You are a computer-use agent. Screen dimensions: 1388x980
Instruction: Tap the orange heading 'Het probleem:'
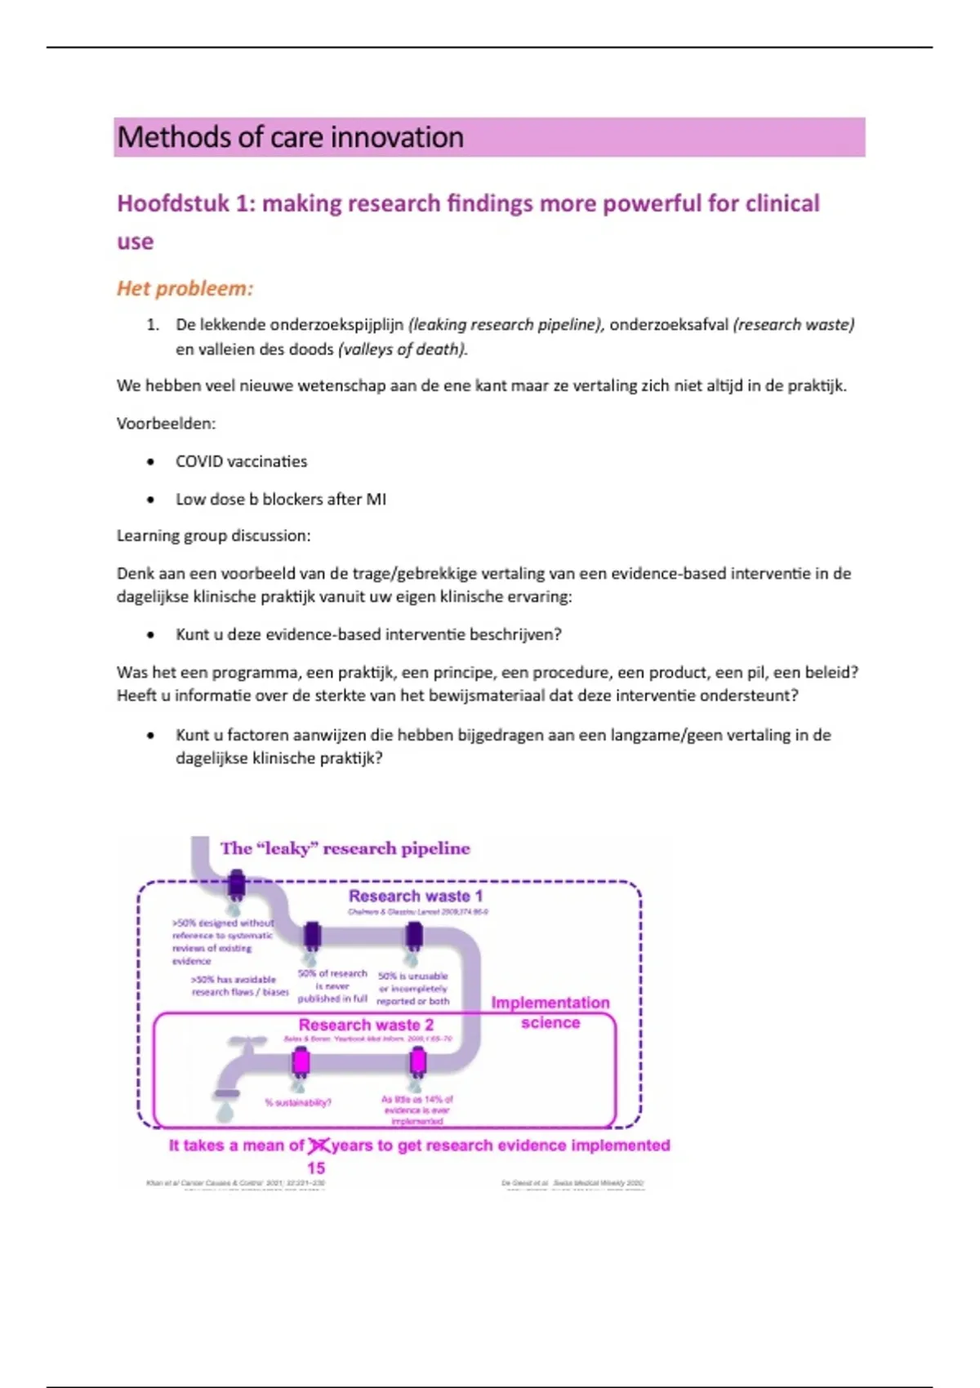tap(185, 288)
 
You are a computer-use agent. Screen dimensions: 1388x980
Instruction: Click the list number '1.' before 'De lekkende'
tap(153, 325)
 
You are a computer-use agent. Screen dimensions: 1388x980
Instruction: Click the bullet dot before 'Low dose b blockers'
tap(150, 500)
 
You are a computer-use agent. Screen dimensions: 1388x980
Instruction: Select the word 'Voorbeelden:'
tap(166, 424)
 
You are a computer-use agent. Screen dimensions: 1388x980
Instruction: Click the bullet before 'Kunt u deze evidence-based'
tap(150, 635)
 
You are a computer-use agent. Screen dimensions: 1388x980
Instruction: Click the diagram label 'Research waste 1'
tap(416, 896)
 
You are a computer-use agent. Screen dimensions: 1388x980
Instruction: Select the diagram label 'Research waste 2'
tap(366, 1025)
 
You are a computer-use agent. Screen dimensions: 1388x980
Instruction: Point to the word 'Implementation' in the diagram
tap(550, 1003)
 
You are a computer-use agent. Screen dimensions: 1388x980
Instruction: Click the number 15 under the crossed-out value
tap(316, 1168)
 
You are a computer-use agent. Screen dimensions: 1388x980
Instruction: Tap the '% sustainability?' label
tap(298, 1102)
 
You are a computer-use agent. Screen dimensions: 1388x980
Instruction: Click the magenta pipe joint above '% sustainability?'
tap(301, 1061)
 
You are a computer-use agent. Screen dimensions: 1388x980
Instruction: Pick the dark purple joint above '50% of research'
tap(312, 936)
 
